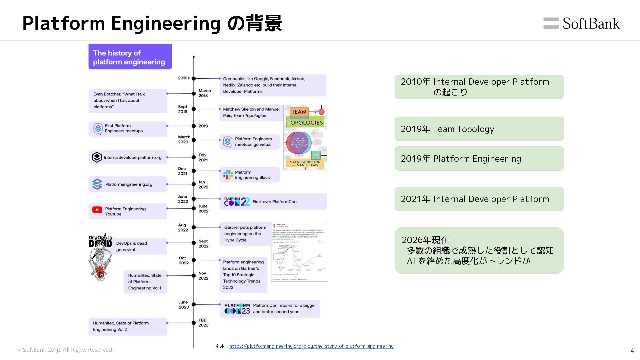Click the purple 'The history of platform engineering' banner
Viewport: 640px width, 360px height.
click(130, 57)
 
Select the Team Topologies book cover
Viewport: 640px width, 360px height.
click(305, 137)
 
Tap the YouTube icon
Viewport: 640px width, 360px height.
click(97, 210)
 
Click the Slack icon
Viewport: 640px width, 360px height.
click(228, 175)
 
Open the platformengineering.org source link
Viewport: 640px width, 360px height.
click(311, 346)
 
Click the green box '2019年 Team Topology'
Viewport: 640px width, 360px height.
click(479, 129)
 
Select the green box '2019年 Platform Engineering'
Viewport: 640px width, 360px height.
click(479, 159)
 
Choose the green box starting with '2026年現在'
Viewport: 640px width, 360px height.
click(479, 250)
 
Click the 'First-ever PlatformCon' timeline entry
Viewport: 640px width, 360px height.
click(273, 202)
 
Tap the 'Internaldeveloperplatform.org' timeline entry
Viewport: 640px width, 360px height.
click(128, 157)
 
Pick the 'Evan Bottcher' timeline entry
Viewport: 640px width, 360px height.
click(128, 100)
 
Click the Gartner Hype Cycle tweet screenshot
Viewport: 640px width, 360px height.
click(299, 252)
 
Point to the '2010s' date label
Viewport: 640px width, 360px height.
click(184, 78)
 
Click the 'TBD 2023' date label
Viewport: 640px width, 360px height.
click(203, 323)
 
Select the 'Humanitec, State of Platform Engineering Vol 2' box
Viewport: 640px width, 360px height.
click(128, 326)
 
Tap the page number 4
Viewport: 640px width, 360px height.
click(632, 350)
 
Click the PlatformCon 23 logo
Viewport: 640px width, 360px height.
click(237, 309)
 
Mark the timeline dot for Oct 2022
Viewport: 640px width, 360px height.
click(194, 260)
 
